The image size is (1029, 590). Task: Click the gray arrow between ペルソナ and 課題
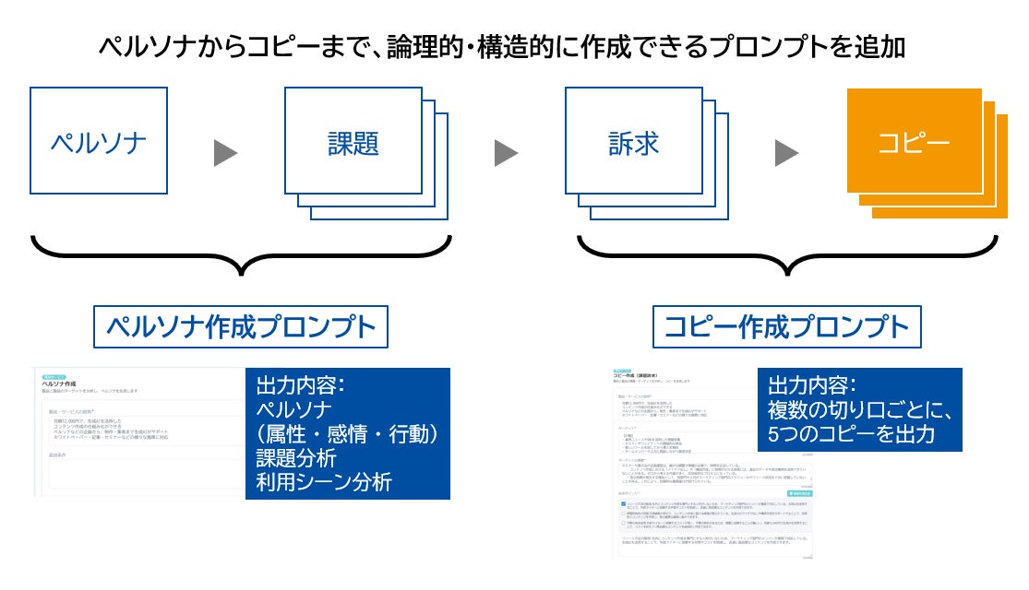click(x=226, y=153)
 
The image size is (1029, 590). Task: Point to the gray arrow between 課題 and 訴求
click(x=506, y=153)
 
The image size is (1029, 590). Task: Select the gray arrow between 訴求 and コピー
click(x=786, y=153)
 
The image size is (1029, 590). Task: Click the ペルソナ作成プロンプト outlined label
click(x=241, y=326)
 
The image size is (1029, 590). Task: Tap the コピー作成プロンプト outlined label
click(x=787, y=326)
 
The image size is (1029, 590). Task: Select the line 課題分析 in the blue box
click(x=296, y=457)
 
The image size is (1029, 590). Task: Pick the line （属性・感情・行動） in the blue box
click(x=346, y=433)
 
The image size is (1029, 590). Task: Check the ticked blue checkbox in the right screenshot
click(x=622, y=503)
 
